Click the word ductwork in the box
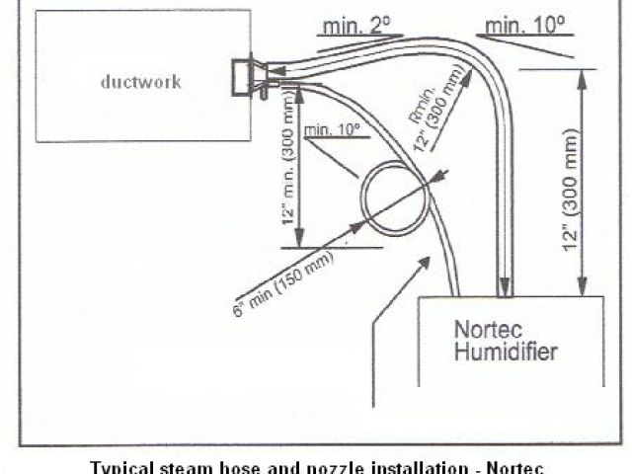[140, 82]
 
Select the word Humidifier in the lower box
[507, 351]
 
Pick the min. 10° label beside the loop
[331, 129]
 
